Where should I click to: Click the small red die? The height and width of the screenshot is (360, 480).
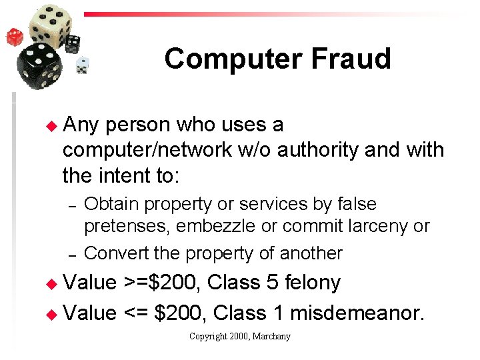14,36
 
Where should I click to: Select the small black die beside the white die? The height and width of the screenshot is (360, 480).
72,44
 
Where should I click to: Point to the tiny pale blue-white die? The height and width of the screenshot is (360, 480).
83,65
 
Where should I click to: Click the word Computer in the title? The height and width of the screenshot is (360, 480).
231,59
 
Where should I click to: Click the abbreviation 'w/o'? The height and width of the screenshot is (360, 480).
255,151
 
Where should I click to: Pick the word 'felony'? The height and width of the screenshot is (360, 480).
313,283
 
